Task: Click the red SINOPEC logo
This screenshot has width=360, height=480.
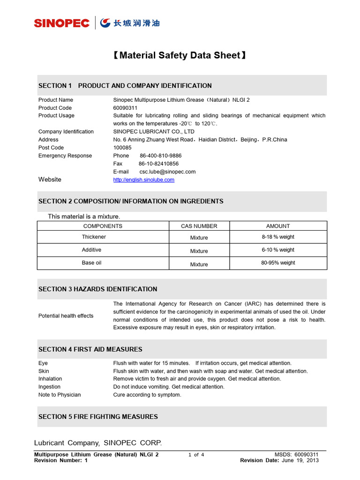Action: pyautogui.click(x=61, y=23)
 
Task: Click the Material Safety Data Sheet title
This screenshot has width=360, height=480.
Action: pyautogui.click(x=180, y=56)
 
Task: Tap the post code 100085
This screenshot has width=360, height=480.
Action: pyautogui.click(x=123, y=148)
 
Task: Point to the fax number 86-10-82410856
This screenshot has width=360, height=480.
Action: pyautogui.click(x=158, y=164)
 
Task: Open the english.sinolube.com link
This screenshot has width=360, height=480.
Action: pyautogui.click(x=144, y=180)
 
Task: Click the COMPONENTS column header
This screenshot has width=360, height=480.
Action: pyautogui.click(x=103, y=226)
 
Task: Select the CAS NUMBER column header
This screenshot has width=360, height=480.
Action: pyautogui.click(x=199, y=226)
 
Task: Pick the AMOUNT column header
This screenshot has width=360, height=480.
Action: pyautogui.click(x=278, y=226)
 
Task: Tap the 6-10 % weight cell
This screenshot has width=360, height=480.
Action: pyautogui.click(x=278, y=250)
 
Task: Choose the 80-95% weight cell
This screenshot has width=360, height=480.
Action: pyautogui.click(x=278, y=263)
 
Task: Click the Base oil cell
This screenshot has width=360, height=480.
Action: pyautogui.click(x=91, y=263)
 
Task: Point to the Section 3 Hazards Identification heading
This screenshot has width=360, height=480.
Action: pyautogui.click(x=97, y=289)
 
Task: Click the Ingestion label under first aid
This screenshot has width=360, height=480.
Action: pyautogui.click(x=49, y=387)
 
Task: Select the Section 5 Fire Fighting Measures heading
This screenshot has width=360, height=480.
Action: pyautogui.click(x=98, y=417)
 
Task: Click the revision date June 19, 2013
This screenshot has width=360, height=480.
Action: pyautogui.click(x=300, y=460)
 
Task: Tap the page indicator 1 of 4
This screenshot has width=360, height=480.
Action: pyautogui.click(x=196, y=455)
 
